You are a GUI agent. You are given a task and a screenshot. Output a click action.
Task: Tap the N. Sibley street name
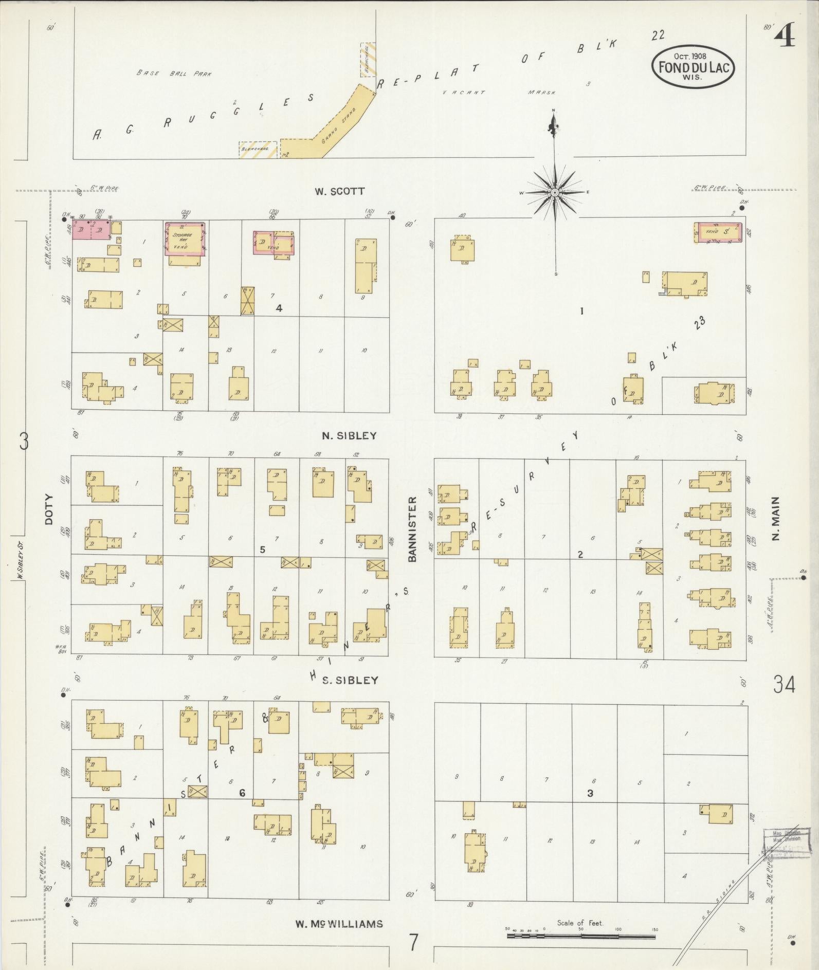click(x=349, y=435)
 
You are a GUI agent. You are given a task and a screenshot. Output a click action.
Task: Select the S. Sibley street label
click(x=350, y=680)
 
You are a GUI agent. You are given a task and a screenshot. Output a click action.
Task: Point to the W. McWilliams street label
click(x=339, y=924)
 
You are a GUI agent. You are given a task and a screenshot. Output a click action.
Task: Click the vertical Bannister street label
click(x=412, y=529)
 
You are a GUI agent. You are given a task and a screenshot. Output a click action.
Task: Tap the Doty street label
click(x=49, y=509)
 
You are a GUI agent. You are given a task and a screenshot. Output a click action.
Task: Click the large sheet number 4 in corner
click(x=784, y=36)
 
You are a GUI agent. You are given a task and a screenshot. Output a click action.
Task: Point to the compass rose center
click(x=555, y=193)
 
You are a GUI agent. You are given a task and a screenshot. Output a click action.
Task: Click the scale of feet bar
click(x=581, y=936)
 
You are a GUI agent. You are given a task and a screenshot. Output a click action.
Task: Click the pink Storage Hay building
click(x=185, y=239)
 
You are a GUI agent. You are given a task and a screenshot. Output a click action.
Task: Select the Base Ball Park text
click(x=174, y=74)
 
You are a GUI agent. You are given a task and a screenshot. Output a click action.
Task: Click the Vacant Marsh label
click(x=499, y=93)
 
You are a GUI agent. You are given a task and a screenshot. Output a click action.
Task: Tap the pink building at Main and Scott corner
click(x=718, y=232)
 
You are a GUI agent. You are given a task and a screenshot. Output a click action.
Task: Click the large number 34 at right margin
click(x=784, y=685)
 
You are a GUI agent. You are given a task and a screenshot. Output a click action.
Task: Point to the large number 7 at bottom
click(x=412, y=942)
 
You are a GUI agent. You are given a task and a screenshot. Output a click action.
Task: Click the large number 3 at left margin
click(x=24, y=441)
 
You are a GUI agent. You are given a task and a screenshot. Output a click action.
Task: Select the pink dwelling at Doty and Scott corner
click(x=91, y=230)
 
